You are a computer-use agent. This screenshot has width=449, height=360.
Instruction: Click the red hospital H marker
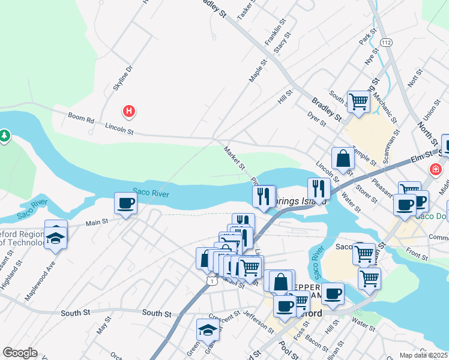[x=128, y=111]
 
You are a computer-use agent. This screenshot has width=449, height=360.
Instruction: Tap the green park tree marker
[x=5, y=136]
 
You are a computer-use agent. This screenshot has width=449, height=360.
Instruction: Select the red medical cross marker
[x=435, y=171]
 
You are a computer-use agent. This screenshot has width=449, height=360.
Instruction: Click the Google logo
[x=20, y=353]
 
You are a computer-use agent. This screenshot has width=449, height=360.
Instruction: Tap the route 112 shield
[x=386, y=43]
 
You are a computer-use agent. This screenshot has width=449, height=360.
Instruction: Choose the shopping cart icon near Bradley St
[x=358, y=102]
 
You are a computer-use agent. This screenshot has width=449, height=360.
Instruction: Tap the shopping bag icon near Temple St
[x=343, y=160]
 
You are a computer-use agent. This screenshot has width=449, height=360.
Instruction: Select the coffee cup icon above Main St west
[x=125, y=204]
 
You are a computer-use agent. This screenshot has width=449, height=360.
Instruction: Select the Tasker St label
[x=246, y=11]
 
